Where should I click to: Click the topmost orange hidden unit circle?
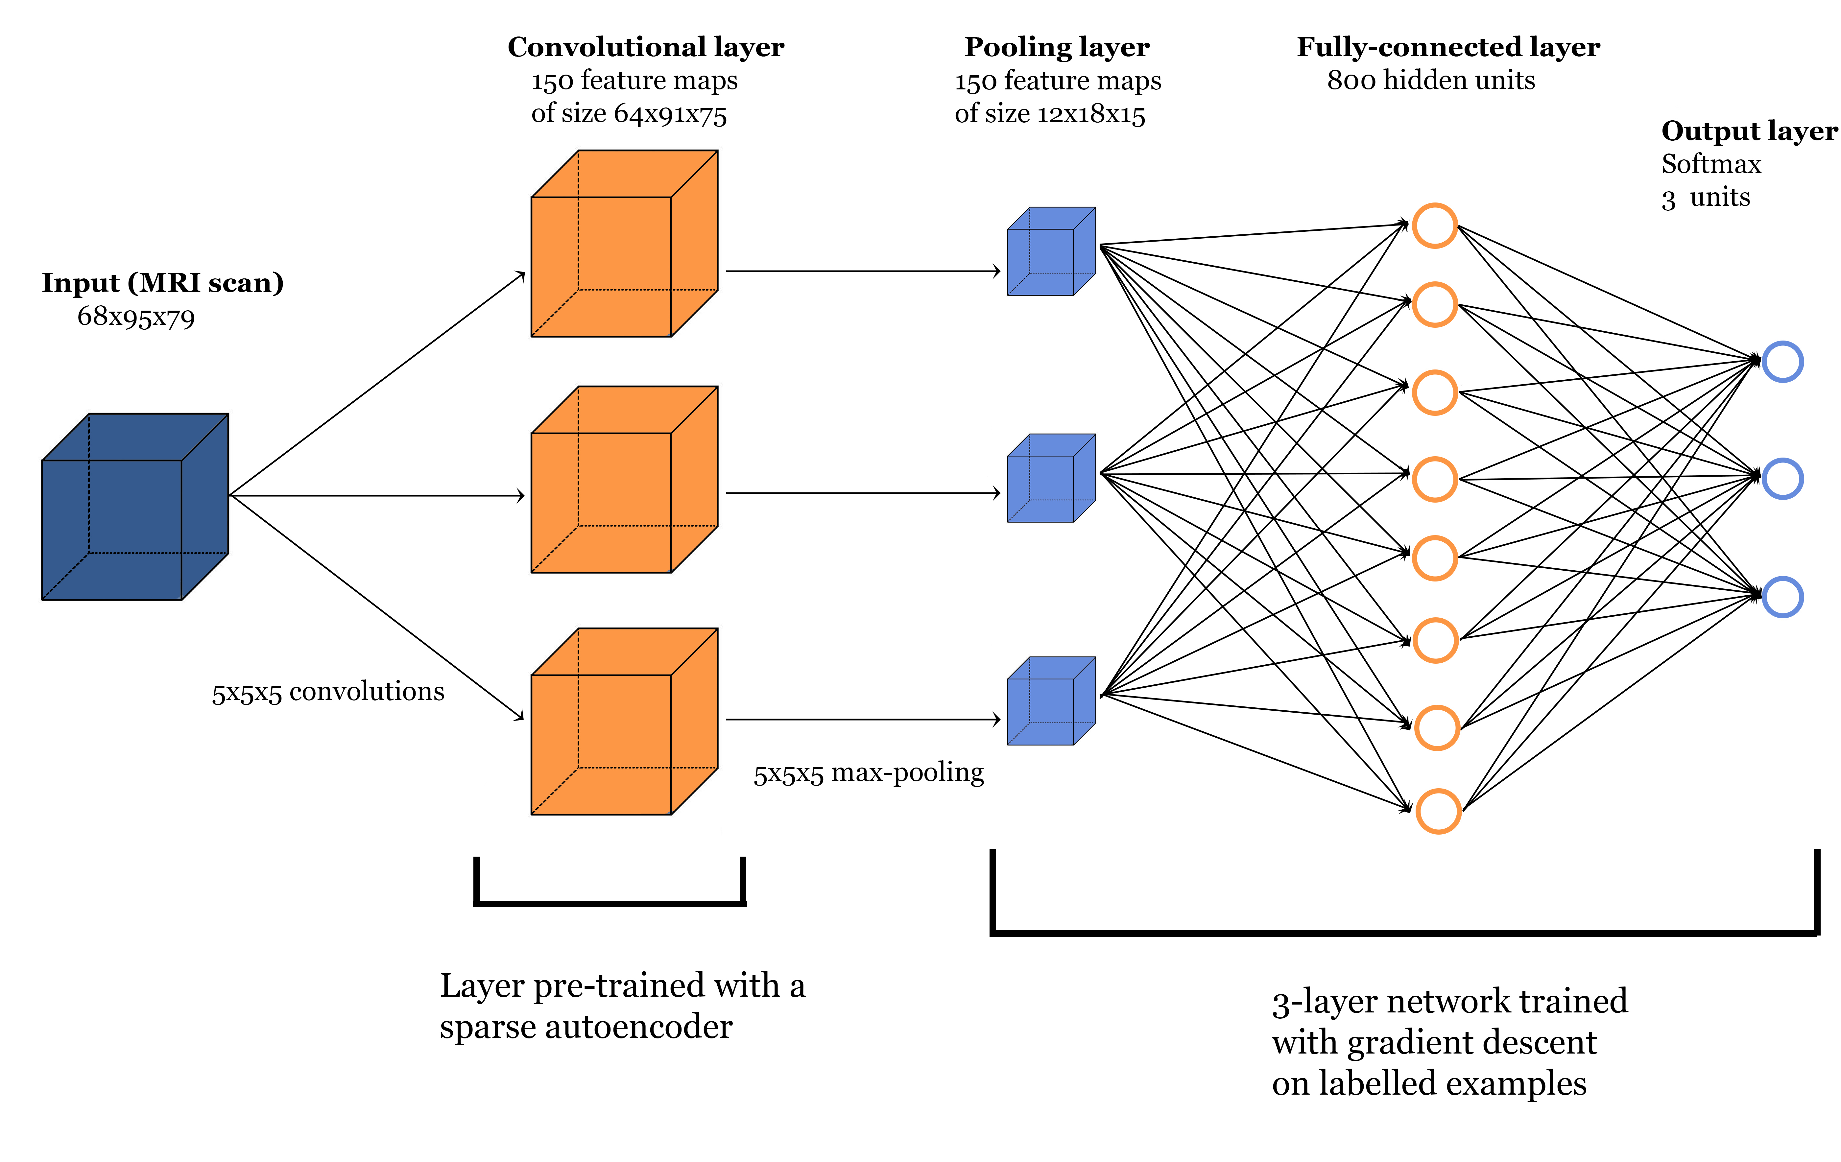point(1434,225)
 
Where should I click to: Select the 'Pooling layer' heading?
point(1057,47)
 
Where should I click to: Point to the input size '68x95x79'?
point(136,317)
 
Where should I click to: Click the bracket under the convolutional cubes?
point(609,903)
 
